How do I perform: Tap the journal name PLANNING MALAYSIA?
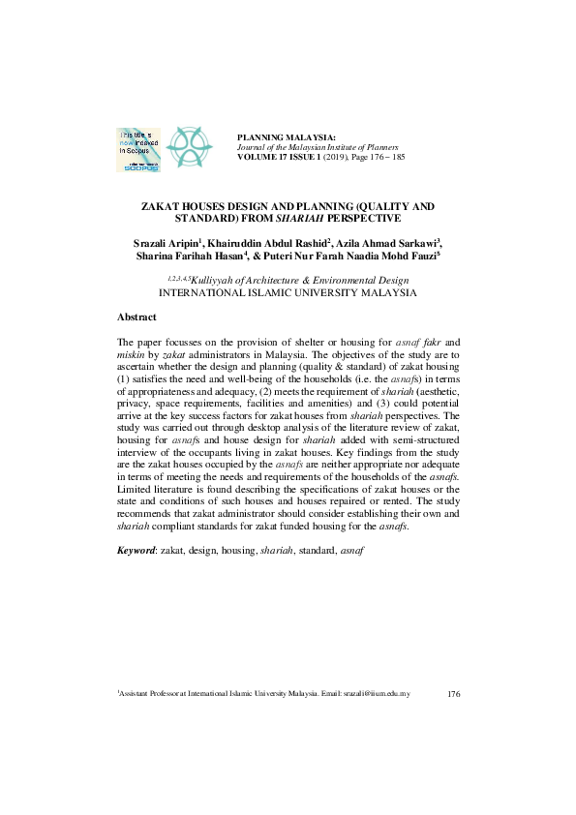tap(287, 136)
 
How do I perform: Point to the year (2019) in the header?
tap(336, 156)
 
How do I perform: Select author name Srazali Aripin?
tap(165, 242)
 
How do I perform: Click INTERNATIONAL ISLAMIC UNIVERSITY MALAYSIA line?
tap(288, 292)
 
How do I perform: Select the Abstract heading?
tap(137, 317)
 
